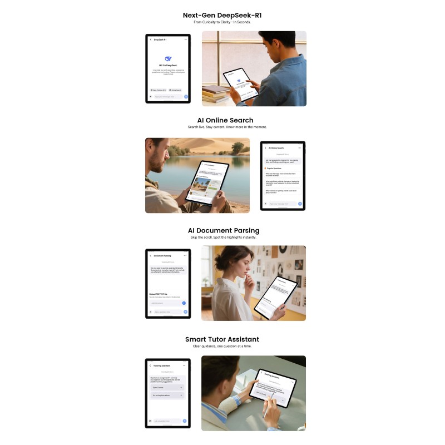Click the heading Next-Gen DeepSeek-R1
pos(222,15)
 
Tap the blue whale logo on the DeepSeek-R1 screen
pos(168,58)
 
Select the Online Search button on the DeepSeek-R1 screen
pos(175,90)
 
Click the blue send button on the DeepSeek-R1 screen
pos(186,96)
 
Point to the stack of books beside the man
pos(215,93)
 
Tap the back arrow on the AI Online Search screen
pos(265,148)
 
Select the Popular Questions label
pos(274,167)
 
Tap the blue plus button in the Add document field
pos(184,303)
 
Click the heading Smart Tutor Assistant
pos(222,339)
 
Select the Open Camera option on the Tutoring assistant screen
pos(167,387)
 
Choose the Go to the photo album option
pos(167,395)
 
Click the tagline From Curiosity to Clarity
pos(222,22)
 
